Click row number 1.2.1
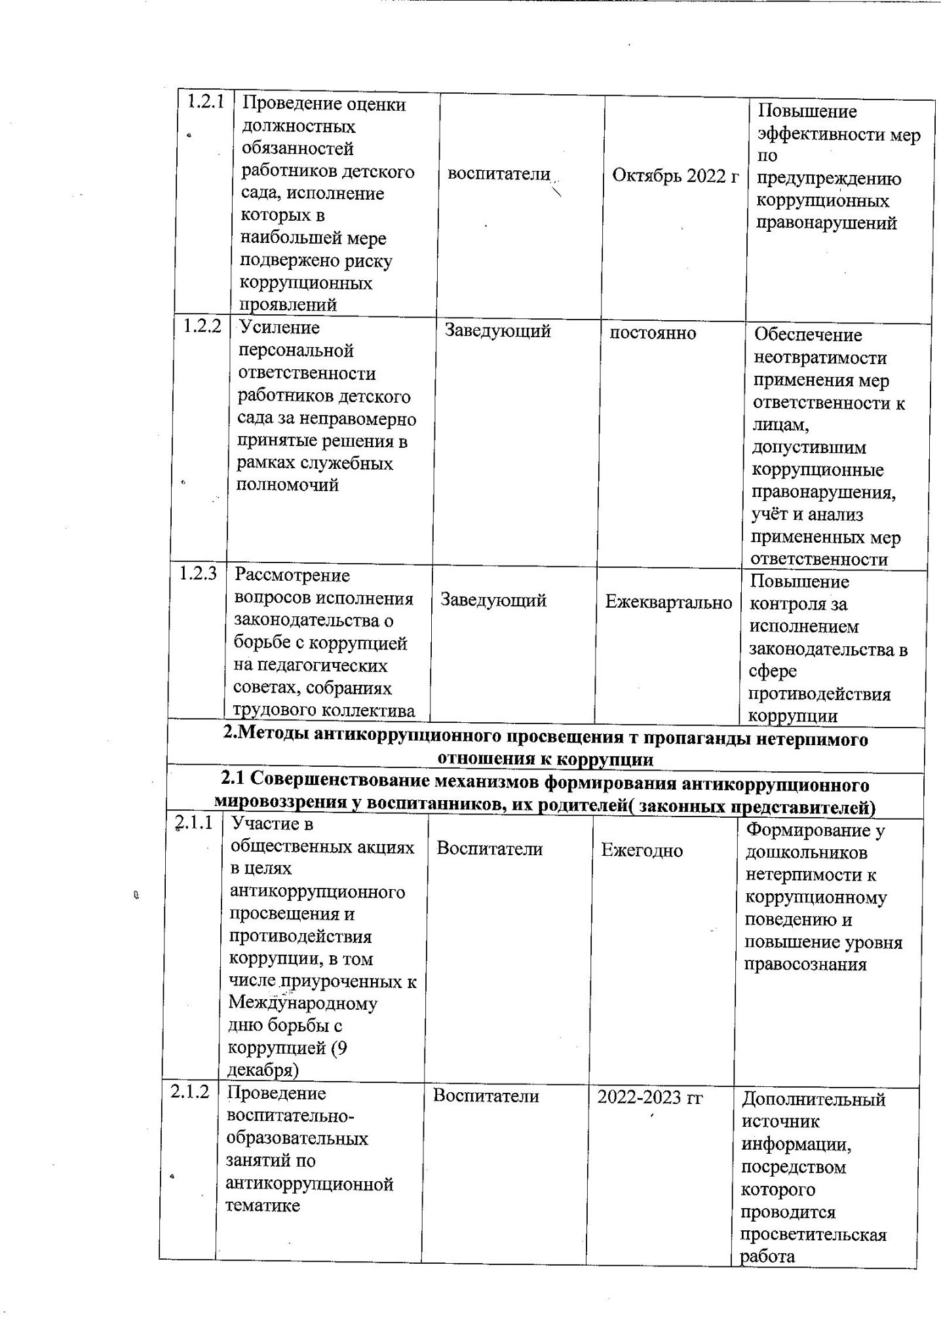click(x=206, y=101)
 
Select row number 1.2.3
click(x=198, y=574)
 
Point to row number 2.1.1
click(x=194, y=822)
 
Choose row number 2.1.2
click(x=190, y=1092)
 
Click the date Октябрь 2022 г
click(x=675, y=175)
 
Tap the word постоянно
click(x=653, y=333)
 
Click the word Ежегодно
click(x=642, y=851)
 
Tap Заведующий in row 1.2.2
click(x=497, y=331)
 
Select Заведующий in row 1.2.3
click(x=493, y=600)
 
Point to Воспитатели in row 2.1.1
click(x=490, y=849)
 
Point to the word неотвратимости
click(x=820, y=358)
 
